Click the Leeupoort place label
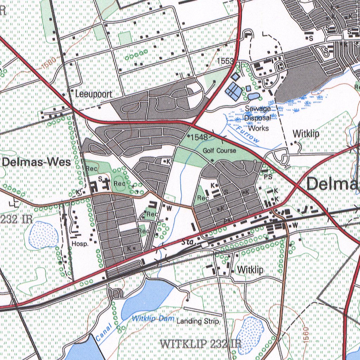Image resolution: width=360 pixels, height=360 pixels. tap(94, 94)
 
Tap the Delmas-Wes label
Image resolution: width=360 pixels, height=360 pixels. tap(37, 162)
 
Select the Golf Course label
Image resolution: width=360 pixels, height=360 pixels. tap(219, 150)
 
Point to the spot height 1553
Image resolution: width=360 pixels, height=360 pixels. tap(225, 61)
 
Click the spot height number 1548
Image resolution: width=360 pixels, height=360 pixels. tap(199, 137)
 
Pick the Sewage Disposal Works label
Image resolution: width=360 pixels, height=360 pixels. tap(258, 118)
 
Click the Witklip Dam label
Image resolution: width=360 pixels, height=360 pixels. tap(153, 319)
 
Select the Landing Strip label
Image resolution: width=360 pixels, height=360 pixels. tap(198, 321)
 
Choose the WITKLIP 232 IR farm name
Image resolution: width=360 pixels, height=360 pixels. tap(201, 343)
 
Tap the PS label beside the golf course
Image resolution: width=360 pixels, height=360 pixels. tap(268, 178)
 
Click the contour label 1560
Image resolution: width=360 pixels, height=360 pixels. tap(305, 335)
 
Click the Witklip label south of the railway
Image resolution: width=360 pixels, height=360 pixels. tap(250, 270)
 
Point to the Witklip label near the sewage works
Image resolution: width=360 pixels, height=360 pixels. tap(306, 134)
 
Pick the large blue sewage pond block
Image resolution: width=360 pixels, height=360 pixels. tap(233, 91)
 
